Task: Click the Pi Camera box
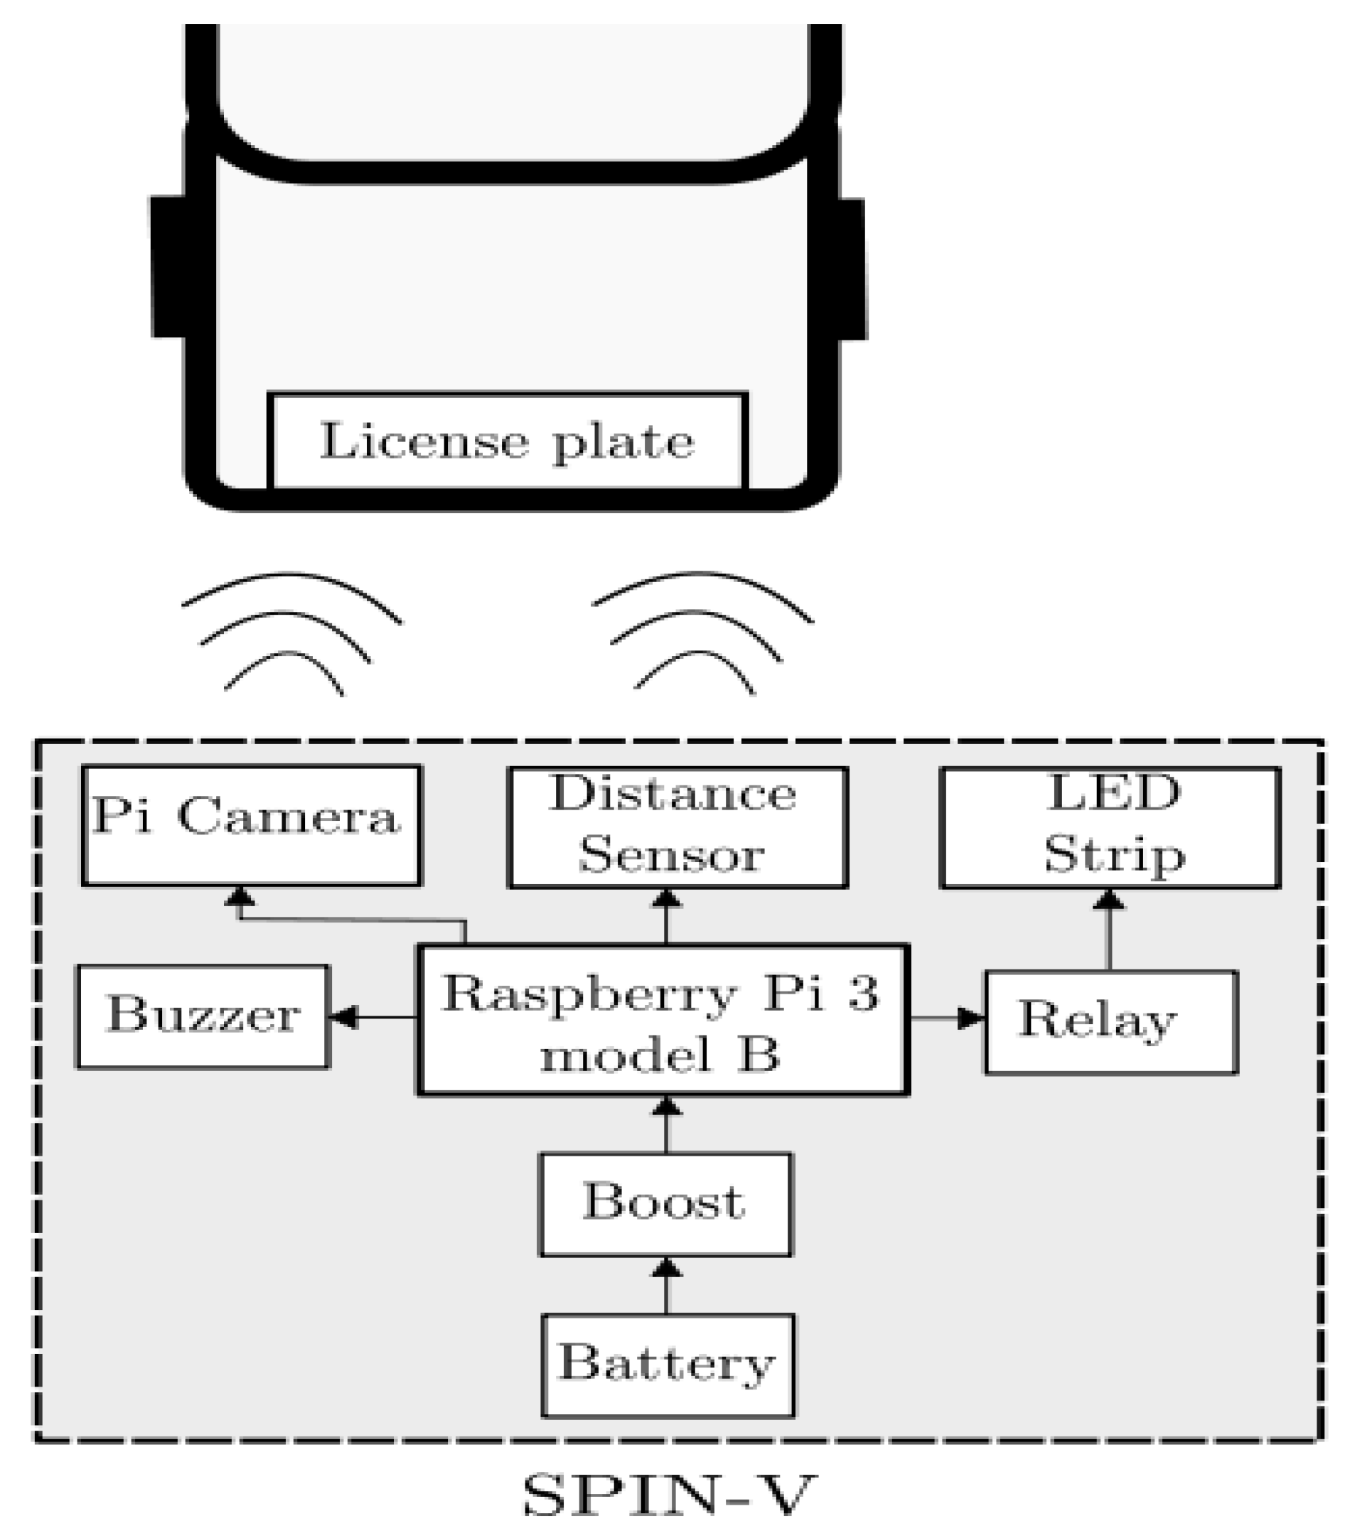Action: [252, 825]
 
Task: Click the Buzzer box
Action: [203, 1016]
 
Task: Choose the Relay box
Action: [1110, 1022]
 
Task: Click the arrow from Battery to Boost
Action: [666, 1286]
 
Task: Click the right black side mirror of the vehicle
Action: [852, 269]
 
